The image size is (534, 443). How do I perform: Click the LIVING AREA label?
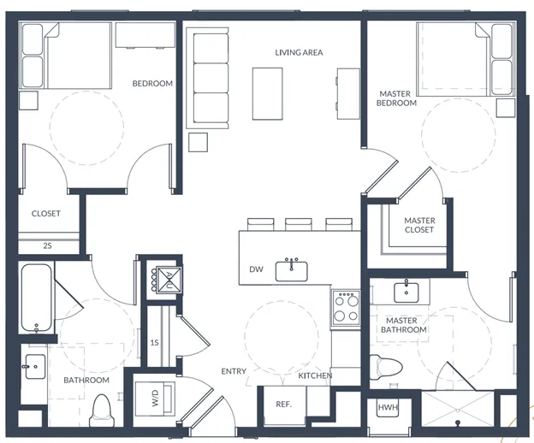tap(299, 52)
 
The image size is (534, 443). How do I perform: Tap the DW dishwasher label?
tap(256, 269)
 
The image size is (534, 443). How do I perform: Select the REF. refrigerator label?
tap(284, 405)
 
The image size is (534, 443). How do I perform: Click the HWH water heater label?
tap(388, 407)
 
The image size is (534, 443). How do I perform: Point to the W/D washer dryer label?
tap(155, 399)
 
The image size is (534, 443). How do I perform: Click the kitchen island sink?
tap(292, 271)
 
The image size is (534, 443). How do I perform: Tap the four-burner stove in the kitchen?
tap(346, 308)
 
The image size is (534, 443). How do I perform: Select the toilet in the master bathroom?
tap(386, 367)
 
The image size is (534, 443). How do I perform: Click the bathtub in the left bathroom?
tap(37, 298)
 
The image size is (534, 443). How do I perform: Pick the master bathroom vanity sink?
tap(406, 292)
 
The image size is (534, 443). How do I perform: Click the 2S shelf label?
tap(47, 245)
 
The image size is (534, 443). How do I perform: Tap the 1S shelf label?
tap(155, 342)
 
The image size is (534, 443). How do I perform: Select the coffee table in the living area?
tap(267, 93)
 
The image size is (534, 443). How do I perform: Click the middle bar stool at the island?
tap(299, 225)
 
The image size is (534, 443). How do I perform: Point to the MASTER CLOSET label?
tap(419, 225)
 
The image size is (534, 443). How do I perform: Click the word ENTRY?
tap(234, 371)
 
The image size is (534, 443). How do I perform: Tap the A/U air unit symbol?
tap(169, 280)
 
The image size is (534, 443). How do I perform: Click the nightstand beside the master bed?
tap(506, 108)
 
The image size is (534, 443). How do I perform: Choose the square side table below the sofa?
tap(198, 142)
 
